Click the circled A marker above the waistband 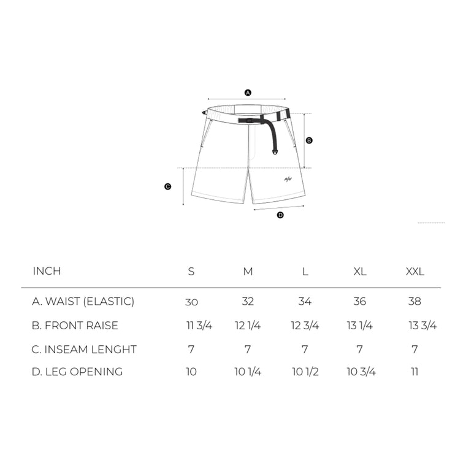click(x=248, y=93)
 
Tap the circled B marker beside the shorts click(x=309, y=140)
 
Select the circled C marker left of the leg click(x=167, y=187)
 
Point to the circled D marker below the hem click(x=280, y=215)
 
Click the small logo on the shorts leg click(x=287, y=180)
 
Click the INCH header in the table click(x=47, y=271)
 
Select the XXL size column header click(x=415, y=272)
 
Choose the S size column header click(x=191, y=272)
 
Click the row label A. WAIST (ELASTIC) click(x=83, y=302)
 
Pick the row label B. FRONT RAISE click(x=75, y=326)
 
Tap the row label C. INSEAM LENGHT click(x=84, y=349)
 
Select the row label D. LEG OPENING click(x=77, y=372)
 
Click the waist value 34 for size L click(x=305, y=302)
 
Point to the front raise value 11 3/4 click(x=199, y=326)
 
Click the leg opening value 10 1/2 click(x=305, y=372)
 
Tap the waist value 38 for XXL click(x=415, y=302)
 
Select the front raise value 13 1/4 click(x=359, y=326)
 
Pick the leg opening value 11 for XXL click(x=415, y=372)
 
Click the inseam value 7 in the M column click(x=248, y=349)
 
